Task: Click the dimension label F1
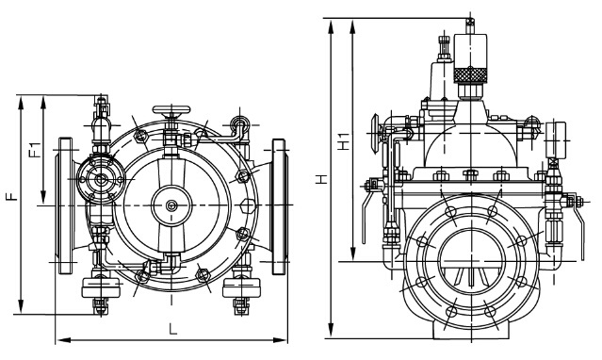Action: (35, 150)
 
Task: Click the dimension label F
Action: (11, 197)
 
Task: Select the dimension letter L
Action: (173, 329)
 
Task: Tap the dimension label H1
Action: (344, 141)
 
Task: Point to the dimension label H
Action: (322, 179)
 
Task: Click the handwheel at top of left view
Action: (171, 110)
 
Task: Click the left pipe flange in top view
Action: (65, 206)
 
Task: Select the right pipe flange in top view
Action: (279, 206)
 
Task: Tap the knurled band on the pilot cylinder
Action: (470, 74)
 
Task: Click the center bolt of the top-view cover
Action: (171, 205)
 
